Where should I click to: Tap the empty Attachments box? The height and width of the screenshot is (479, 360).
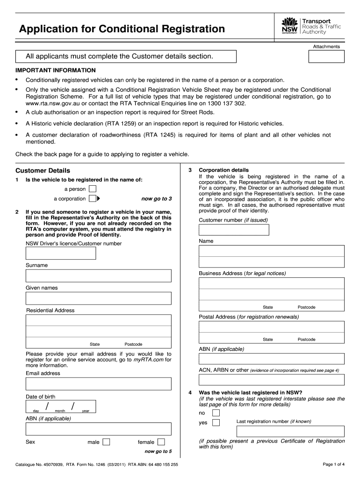coord(326,57)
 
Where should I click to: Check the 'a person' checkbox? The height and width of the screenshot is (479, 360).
coord(93,189)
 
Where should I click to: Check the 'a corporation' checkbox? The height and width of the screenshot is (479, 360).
coord(93,198)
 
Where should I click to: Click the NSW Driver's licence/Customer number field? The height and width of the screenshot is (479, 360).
coord(61,253)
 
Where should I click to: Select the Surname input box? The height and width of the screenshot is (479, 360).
coord(98,276)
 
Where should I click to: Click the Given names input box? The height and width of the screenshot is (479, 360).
coord(98,298)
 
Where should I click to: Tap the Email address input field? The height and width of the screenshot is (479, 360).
coord(98,384)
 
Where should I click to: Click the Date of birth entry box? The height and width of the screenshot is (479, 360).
coord(61,406)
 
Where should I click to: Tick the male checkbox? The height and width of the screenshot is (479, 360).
coord(106,442)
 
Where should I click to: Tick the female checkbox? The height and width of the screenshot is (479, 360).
coord(161,442)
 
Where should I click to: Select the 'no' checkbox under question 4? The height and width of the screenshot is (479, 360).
coord(216,413)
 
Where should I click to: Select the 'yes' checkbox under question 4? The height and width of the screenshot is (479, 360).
coord(216,423)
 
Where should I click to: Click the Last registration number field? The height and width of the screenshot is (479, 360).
coord(272,431)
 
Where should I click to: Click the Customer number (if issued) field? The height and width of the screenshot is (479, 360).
coord(234,230)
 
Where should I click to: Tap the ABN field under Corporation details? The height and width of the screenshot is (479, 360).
coord(272,359)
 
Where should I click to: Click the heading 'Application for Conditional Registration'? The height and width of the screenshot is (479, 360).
coord(122,29)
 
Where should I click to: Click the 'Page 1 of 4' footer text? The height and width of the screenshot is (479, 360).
coord(333,464)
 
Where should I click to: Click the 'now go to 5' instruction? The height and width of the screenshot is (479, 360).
coord(158,451)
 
